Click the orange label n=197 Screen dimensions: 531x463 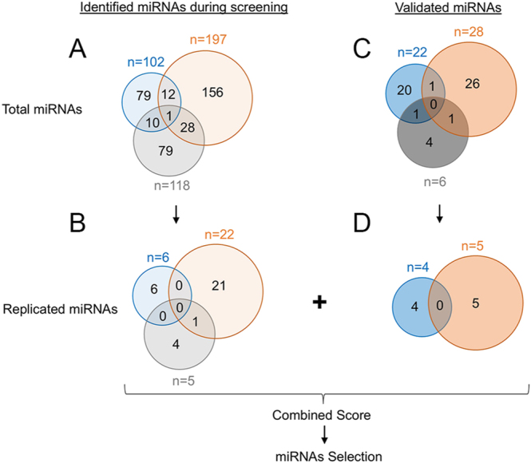click(208, 40)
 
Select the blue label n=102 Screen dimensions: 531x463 click(146, 62)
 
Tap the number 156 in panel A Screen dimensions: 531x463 click(212, 93)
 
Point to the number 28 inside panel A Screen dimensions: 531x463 click(188, 128)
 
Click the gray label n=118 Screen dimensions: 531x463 click(172, 185)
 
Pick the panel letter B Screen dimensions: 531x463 click(77, 223)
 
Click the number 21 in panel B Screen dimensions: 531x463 click(219, 286)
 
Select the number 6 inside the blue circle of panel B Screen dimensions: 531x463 click(154, 289)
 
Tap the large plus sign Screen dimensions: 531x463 click(319, 303)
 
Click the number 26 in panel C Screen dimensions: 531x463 click(473, 84)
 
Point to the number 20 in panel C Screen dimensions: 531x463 click(404, 90)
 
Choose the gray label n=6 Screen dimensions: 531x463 click(435, 182)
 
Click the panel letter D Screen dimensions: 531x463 click(362, 223)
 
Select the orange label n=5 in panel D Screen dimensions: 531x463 click(473, 246)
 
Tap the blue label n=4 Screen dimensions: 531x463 click(418, 267)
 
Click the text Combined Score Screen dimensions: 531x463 click(321, 415)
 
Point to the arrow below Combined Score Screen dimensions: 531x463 click(324, 434)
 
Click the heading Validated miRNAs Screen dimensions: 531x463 click(448, 7)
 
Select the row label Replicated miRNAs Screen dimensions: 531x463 click(60, 309)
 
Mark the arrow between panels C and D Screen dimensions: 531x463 click(439, 214)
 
